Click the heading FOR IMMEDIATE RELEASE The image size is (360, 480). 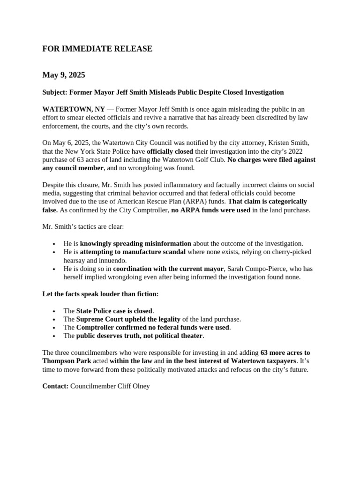tap(97, 49)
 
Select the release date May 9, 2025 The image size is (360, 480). tap(64, 75)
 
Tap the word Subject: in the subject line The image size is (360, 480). tap(55, 92)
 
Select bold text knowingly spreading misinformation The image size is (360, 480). tap(135, 243)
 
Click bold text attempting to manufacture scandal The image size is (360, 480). tap(133, 252)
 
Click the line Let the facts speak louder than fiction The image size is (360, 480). tap(100, 294)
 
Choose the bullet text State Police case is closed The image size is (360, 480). tap(114, 311)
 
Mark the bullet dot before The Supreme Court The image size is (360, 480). tap(55, 320)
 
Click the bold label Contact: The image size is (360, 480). tap(55, 386)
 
